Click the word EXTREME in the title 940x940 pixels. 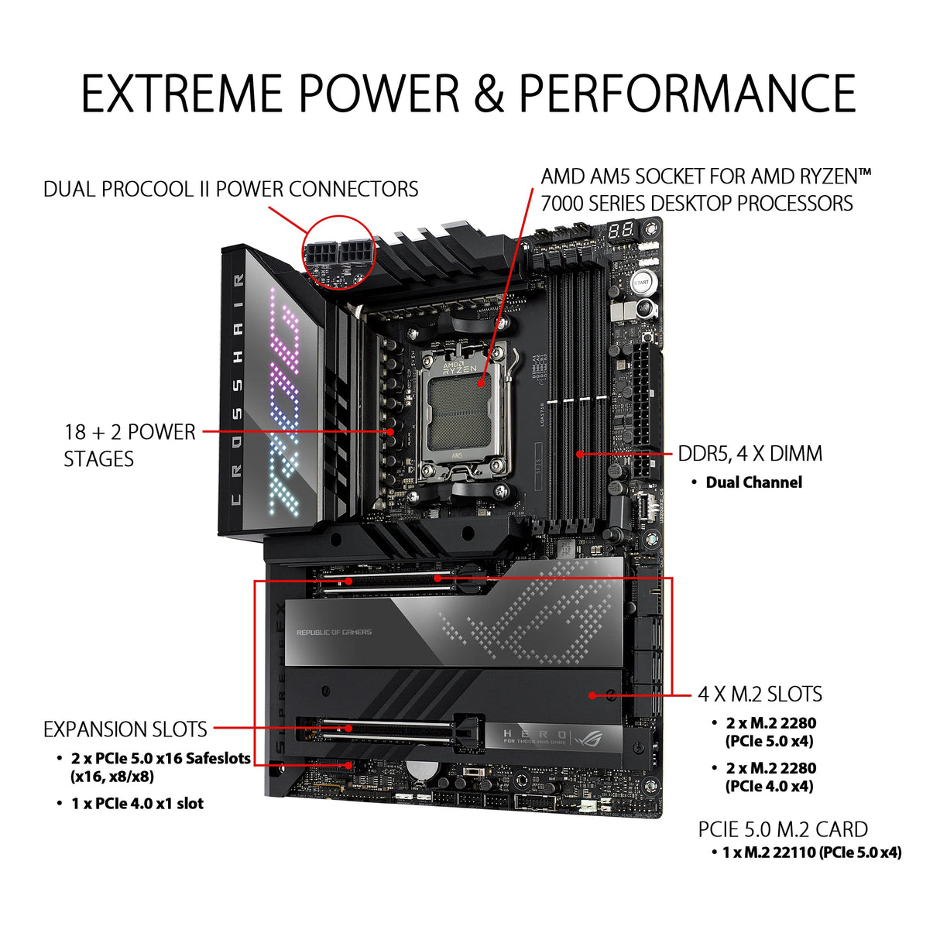[x=184, y=94]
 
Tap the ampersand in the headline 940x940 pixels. [x=488, y=94]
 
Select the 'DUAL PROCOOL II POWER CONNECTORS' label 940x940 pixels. [x=231, y=189]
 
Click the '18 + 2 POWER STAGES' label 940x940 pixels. [x=129, y=445]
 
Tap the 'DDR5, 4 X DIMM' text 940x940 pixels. [x=750, y=454]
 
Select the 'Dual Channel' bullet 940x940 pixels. [x=753, y=482]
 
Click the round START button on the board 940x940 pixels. [x=642, y=283]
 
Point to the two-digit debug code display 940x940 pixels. [x=621, y=230]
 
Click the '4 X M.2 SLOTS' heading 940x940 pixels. [x=760, y=694]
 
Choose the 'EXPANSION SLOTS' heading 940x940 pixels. [x=125, y=729]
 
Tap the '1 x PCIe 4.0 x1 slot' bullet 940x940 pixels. [x=137, y=804]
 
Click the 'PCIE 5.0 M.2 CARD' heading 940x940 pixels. [x=783, y=829]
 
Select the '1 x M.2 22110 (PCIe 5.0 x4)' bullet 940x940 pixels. [x=811, y=853]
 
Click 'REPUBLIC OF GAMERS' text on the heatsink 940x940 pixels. [x=334, y=633]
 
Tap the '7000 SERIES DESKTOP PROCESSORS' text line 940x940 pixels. [x=696, y=204]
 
